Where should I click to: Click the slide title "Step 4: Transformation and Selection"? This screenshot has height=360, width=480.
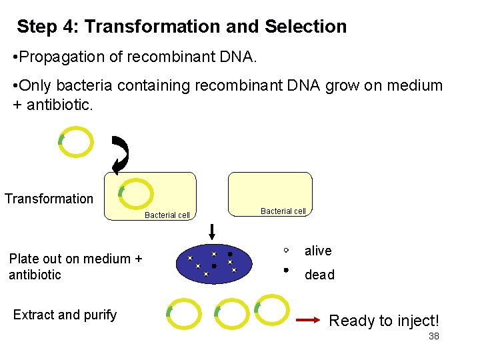point(181,27)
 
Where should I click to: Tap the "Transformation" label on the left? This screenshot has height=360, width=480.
point(49,199)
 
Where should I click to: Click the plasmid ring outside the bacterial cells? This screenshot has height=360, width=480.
point(75,141)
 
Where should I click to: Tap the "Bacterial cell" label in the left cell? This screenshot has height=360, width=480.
point(167,215)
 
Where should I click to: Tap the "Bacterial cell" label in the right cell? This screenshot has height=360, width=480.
point(283,211)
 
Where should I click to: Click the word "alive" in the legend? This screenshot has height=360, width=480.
point(318,251)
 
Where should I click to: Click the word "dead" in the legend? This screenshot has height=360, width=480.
point(319,275)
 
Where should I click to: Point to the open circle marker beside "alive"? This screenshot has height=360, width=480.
point(285,251)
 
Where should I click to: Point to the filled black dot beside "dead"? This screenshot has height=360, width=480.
point(285,271)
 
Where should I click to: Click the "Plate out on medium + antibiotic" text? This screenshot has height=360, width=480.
point(75,267)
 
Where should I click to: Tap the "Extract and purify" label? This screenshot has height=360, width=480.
point(65,315)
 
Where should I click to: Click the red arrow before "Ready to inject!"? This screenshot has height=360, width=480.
point(308,321)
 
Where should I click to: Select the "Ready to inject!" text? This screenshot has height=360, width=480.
point(384,321)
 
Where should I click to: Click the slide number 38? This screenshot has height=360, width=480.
point(433,337)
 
